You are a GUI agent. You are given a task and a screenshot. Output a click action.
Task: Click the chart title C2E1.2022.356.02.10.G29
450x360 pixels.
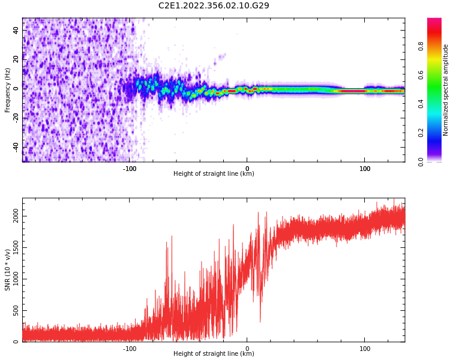[214, 5]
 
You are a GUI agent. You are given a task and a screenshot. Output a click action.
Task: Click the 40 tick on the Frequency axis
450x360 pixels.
[16, 29]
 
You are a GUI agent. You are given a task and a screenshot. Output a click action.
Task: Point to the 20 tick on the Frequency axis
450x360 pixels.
[16, 59]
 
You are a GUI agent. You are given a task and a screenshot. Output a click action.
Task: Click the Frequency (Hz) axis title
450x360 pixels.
[7, 90]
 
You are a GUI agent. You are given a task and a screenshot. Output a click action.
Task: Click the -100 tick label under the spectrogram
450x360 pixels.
[130, 169]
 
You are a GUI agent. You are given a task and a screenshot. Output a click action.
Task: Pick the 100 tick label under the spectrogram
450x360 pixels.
[365, 169]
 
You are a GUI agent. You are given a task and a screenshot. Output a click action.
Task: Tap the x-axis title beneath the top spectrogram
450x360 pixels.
[214, 174]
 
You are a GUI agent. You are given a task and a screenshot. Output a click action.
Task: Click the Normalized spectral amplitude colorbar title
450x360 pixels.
[446, 90]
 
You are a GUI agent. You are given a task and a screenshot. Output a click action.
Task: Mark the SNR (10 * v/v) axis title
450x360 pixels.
[7, 270]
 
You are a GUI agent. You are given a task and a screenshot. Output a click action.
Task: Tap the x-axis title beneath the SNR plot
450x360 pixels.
[214, 354]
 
